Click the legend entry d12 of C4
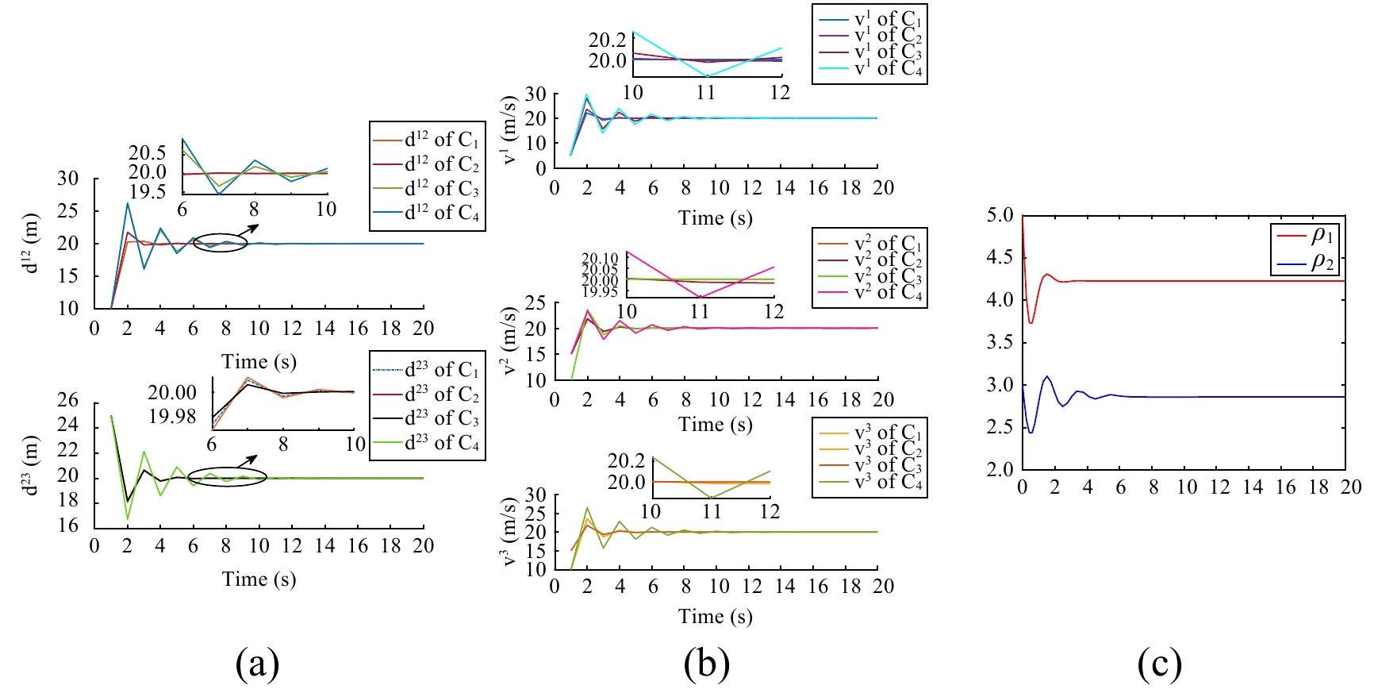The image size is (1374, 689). tap(442, 213)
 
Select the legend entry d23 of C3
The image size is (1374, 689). tap(442, 418)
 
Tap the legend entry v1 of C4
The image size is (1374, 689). tap(888, 69)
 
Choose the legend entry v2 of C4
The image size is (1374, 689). tap(888, 293)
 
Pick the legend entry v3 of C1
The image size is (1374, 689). tap(888, 433)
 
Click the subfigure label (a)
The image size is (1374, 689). tap(257, 664)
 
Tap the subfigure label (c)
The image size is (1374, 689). tap(1159, 664)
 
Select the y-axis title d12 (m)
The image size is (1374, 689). tap(31, 244)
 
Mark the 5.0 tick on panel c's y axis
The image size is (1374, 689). tap(1000, 215)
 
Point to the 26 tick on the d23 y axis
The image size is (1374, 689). tap(68, 401)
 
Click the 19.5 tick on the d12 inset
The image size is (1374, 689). tap(148, 192)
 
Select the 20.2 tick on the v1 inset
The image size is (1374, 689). tap(607, 40)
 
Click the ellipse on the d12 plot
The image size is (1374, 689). tap(221, 244)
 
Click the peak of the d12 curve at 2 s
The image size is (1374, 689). tap(128, 203)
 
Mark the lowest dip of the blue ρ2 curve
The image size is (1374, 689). tap(1030, 433)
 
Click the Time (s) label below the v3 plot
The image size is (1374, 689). tap(715, 617)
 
